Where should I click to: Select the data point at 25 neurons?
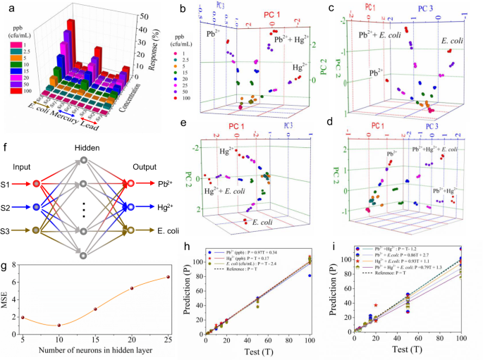point(167,277)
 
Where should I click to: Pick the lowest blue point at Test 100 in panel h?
point(307,275)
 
